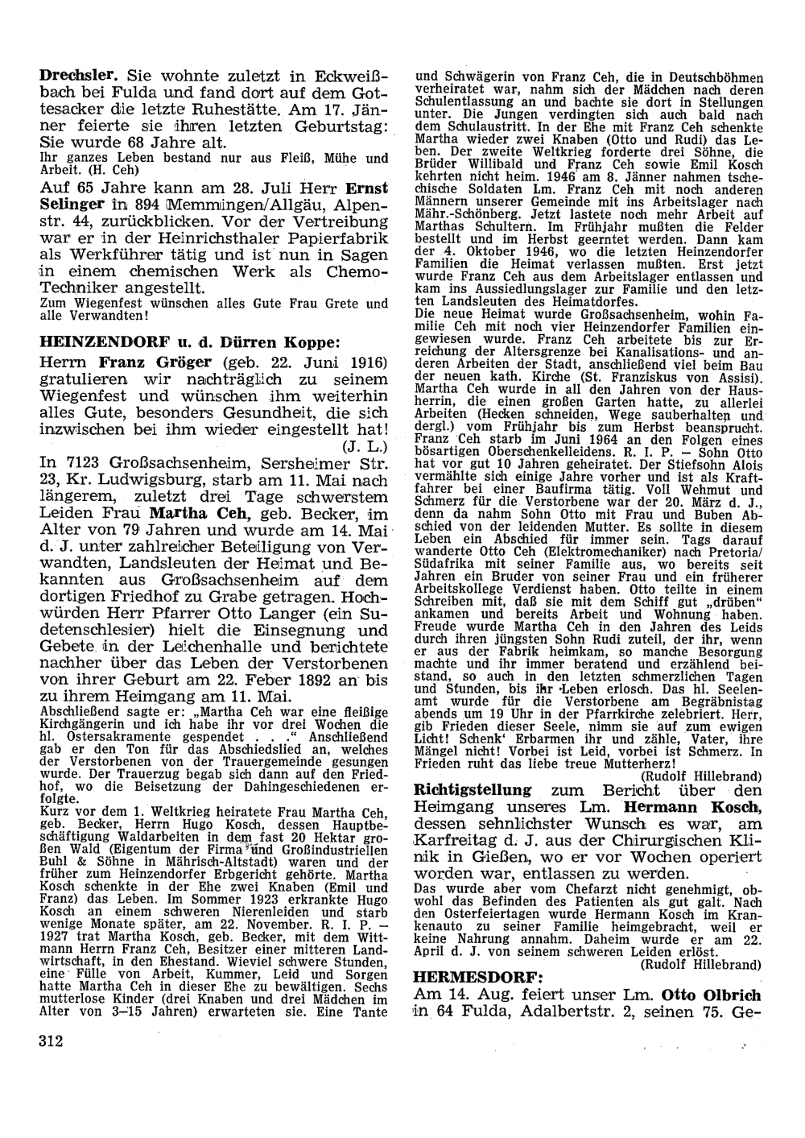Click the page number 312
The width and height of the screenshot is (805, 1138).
coord(51,1040)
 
